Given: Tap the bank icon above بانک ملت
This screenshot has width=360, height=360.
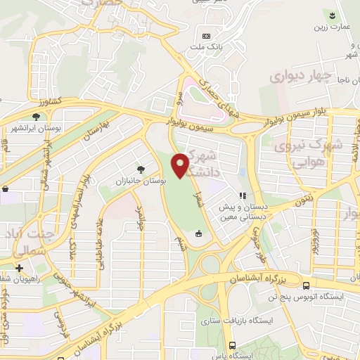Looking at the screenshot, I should pyautogui.click(x=206, y=36).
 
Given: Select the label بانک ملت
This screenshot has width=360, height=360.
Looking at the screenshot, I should pyautogui.click(x=205, y=47).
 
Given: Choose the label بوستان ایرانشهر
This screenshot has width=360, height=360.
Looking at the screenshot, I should pyautogui.click(x=34, y=129).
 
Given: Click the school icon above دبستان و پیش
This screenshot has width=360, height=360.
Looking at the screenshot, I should pyautogui.click(x=243, y=196).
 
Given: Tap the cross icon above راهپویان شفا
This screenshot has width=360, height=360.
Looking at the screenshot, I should pyautogui.click(x=20, y=268).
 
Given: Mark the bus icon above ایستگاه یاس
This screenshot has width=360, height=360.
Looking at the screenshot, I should pyautogui.click(x=233, y=345).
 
